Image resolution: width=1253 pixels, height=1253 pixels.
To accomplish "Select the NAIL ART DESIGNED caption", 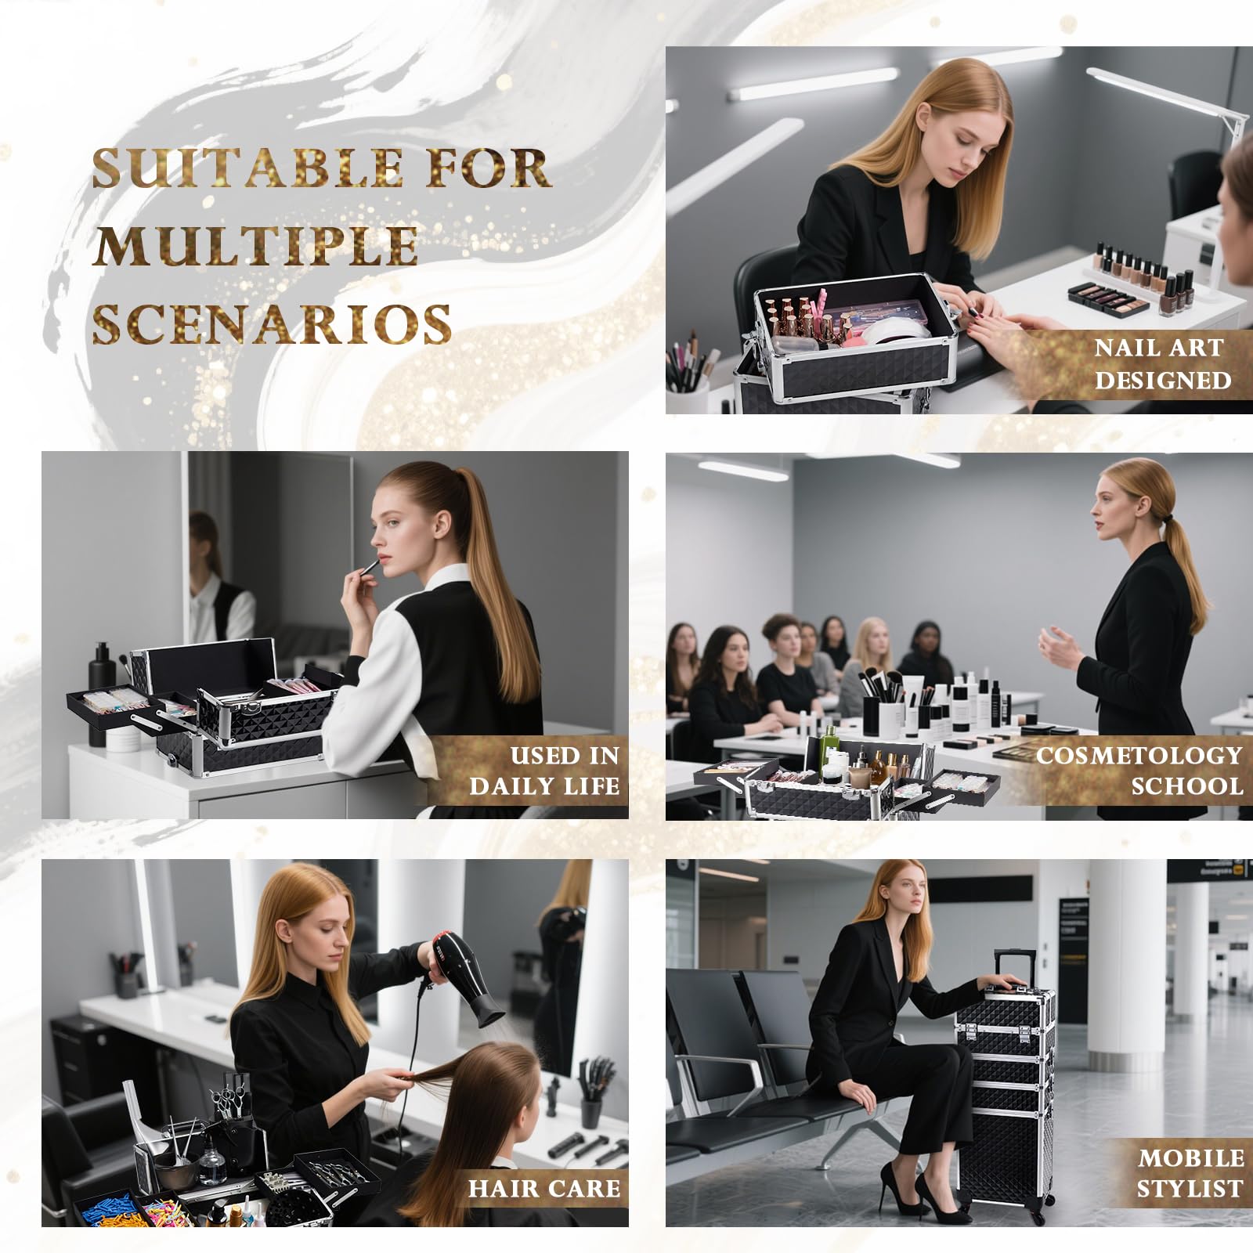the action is (1162, 363).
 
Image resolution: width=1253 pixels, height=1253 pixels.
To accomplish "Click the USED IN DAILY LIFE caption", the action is (545, 771).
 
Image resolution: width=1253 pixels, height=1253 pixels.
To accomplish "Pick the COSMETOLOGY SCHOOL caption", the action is (1139, 771).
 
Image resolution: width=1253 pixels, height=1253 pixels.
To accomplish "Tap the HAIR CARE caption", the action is (544, 1188).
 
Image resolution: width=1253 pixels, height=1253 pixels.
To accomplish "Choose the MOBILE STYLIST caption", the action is (1190, 1173).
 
